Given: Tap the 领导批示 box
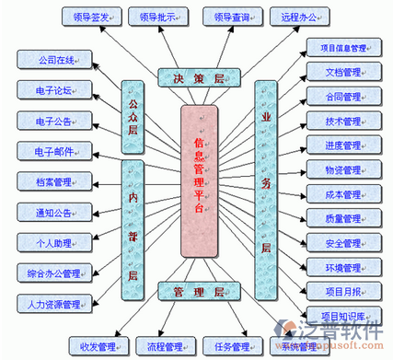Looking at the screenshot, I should click(x=156, y=16).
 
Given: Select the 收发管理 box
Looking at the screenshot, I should click(x=98, y=347).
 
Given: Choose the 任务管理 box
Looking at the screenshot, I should click(x=225, y=347).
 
